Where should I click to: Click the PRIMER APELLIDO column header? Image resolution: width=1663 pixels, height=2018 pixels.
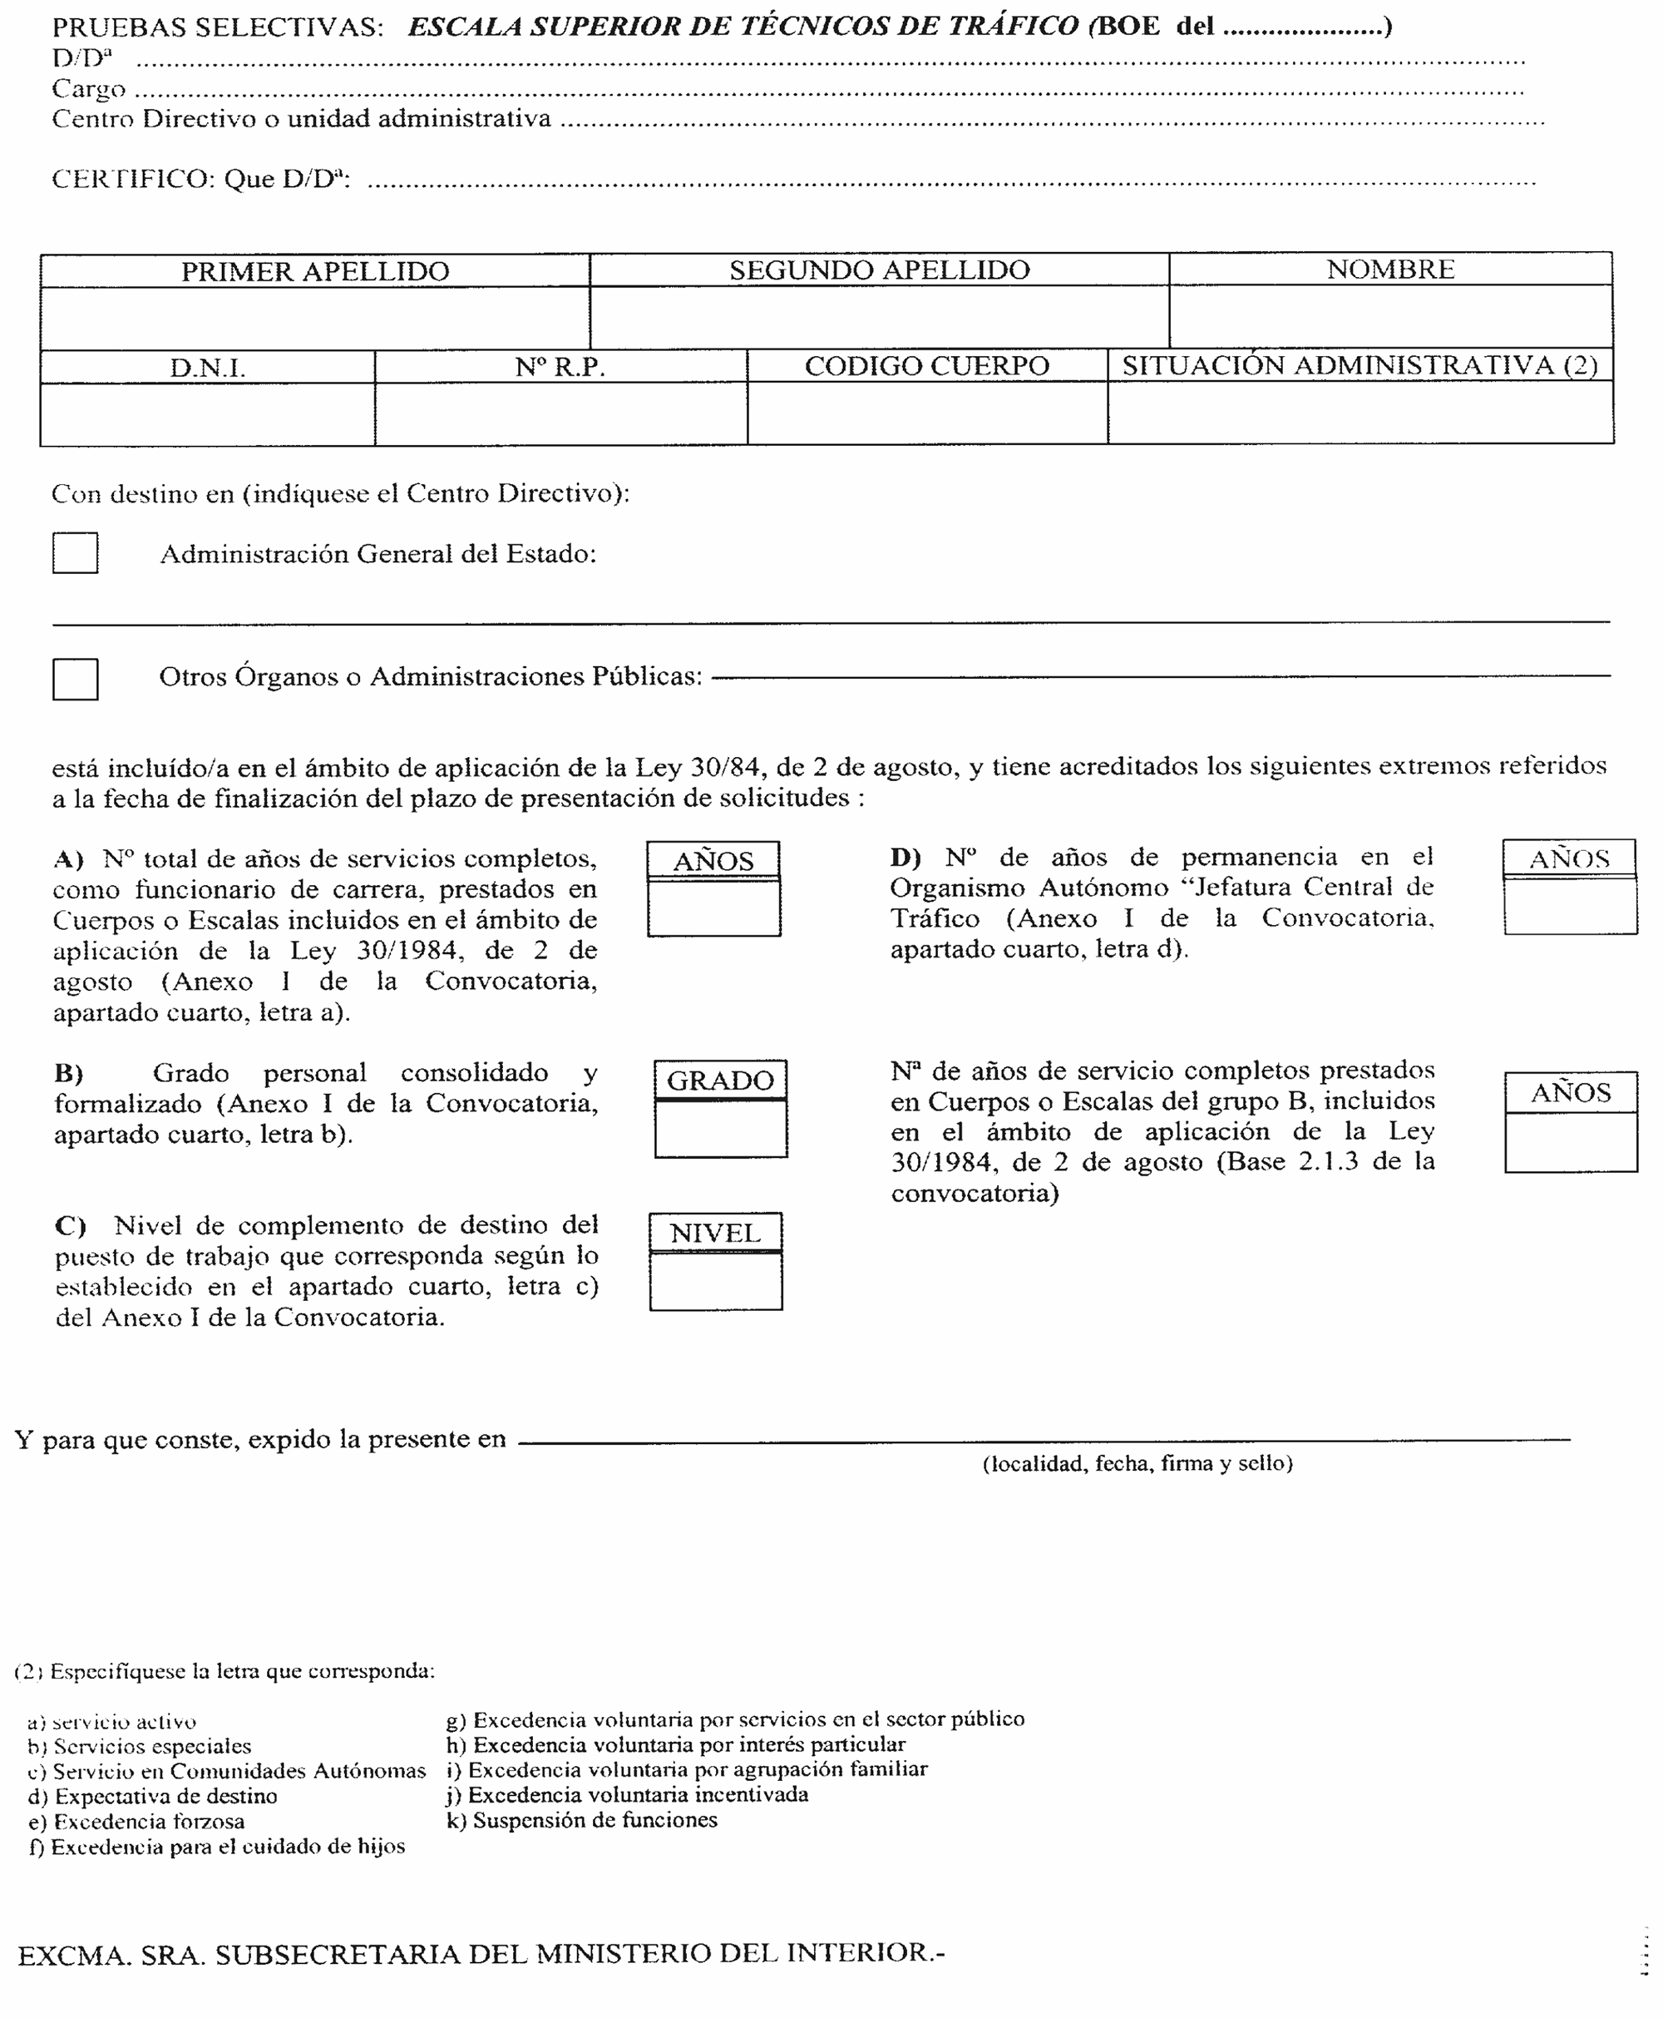pyautogui.click(x=315, y=271)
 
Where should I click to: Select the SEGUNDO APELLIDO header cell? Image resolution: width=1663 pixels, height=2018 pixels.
pyautogui.click(x=880, y=270)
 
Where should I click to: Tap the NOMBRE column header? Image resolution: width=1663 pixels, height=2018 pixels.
pyautogui.click(x=1390, y=270)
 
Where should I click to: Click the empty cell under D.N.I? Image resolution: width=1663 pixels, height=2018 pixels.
pyautogui.click(x=207, y=414)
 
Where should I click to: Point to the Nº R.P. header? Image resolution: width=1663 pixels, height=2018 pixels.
pyautogui.click(x=560, y=367)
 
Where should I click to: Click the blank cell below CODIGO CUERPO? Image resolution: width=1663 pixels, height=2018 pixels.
pyautogui.click(x=927, y=413)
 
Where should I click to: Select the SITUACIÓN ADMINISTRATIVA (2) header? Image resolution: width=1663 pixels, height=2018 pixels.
pyautogui.click(x=1360, y=365)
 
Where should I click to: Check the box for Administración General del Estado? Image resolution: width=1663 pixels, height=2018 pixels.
pyautogui.click(x=76, y=554)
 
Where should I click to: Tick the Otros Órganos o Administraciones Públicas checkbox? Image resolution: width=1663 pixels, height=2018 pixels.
pyautogui.click(x=76, y=680)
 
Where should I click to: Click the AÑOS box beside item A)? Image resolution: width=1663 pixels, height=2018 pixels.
pyautogui.click(x=713, y=908)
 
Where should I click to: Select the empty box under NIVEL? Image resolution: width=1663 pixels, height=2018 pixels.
pyautogui.click(x=716, y=1281)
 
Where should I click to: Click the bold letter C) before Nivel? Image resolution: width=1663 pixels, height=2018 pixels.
pyautogui.click(x=70, y=1225)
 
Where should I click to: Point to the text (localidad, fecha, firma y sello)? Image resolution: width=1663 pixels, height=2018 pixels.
pyautogui.click(x=1137, y=1463)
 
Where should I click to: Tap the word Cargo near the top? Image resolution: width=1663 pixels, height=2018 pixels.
pyautogui.click(x=89, y=89)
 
